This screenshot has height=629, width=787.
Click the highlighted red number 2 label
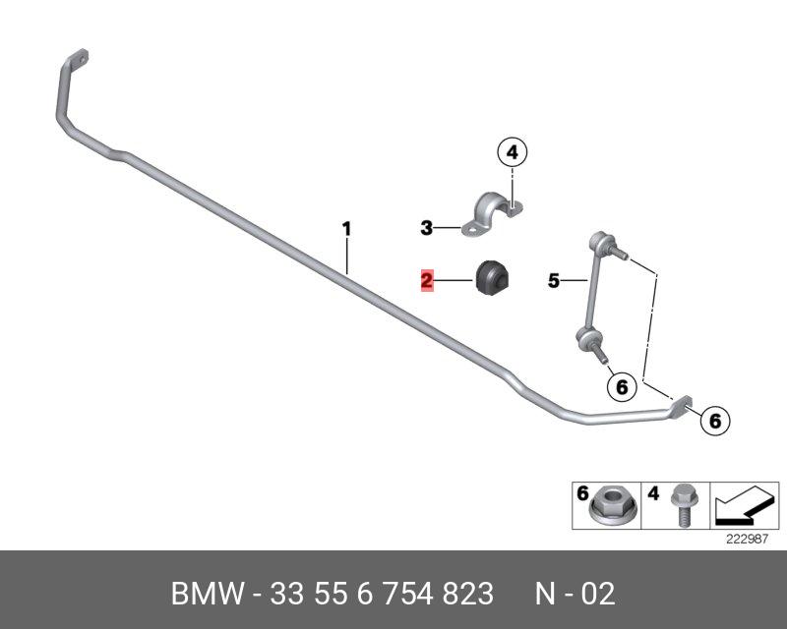point(427,280)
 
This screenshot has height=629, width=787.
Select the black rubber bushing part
point(492,278)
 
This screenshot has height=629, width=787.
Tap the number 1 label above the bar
point(346,229)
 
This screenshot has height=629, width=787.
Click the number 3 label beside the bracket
point(426,228)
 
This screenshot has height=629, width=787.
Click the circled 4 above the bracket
point(512,152)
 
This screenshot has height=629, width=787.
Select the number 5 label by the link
point(553,280)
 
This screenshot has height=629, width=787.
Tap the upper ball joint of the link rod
point(602,242)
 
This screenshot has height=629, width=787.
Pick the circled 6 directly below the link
point(622,387)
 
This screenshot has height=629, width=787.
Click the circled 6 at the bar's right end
point(715,421)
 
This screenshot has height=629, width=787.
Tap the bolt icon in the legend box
point(682,504)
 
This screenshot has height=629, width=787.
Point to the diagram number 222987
point(747,540)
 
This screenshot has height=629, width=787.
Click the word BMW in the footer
point(209,594)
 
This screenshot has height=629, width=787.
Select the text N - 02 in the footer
point(575,594)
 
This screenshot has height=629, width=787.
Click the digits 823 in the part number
point(468,594)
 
